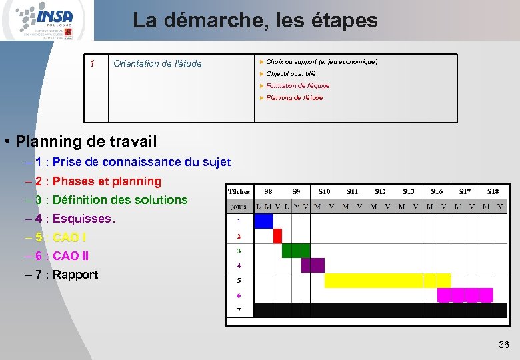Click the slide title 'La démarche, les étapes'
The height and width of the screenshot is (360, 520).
coord(255,21)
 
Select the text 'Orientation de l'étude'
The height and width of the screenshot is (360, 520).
coord(157,64)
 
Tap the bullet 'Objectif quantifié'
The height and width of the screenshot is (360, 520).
coord(291,74)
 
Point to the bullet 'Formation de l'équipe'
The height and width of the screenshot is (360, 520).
coord(297,86)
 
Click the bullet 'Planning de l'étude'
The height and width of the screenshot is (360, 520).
coord(294,98)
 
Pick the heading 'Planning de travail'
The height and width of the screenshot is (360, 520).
coord(86,141)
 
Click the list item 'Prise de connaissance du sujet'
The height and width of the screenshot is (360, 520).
coord(141,162)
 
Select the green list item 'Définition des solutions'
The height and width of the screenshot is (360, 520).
coord(120,200)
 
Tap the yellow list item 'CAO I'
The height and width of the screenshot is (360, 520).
coord(69,237)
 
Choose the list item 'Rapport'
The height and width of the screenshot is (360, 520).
coord(75,275)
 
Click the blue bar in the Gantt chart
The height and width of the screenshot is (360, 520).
coord(264,221)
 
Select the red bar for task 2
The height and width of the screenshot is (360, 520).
coord(277,236)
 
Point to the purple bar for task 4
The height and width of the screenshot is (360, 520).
coord(312,265)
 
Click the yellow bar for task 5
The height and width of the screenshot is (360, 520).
coord(386,280)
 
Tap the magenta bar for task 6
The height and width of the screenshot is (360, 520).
coord(465,295)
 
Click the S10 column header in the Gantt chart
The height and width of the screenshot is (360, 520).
coord(324,191)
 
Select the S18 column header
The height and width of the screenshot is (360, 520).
coord(493,191)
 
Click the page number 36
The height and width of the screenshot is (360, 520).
coord(503,345)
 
